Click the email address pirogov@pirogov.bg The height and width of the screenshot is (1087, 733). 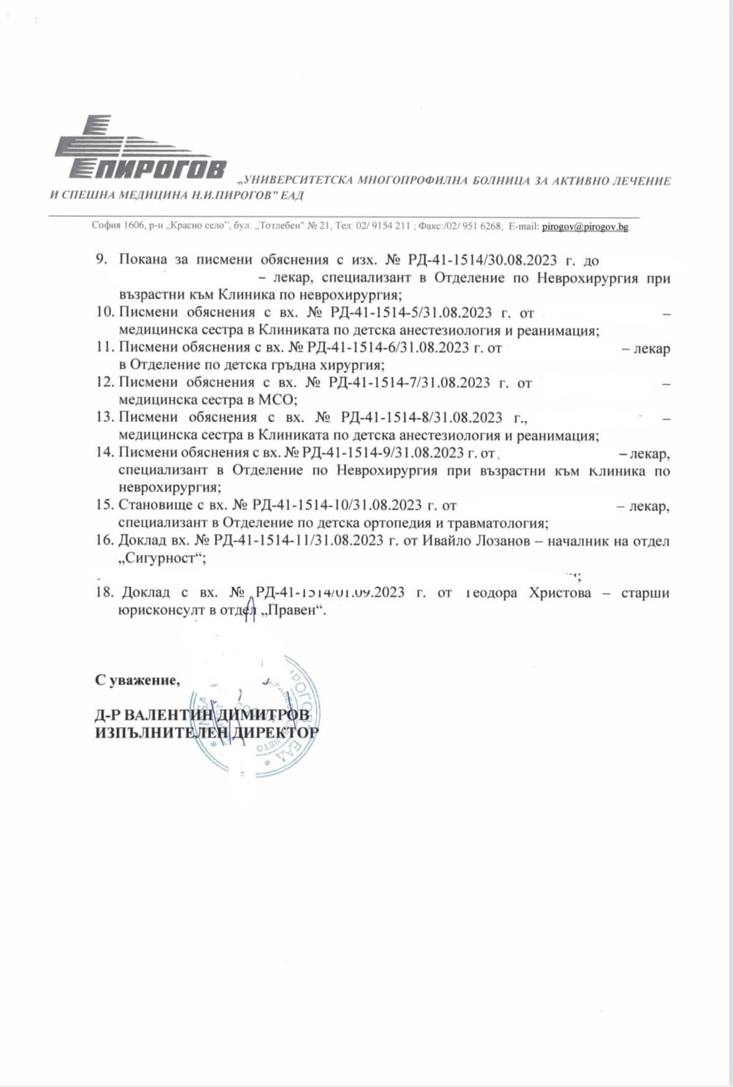pyautogui.click(x=585, y=227)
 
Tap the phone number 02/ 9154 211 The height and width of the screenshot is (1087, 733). pyautogui.click(x=383, y=227)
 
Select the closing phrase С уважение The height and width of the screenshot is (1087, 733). pyautogui.click(x=137, y=680)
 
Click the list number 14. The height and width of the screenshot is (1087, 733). pyautogui.click(x=104, y=452)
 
